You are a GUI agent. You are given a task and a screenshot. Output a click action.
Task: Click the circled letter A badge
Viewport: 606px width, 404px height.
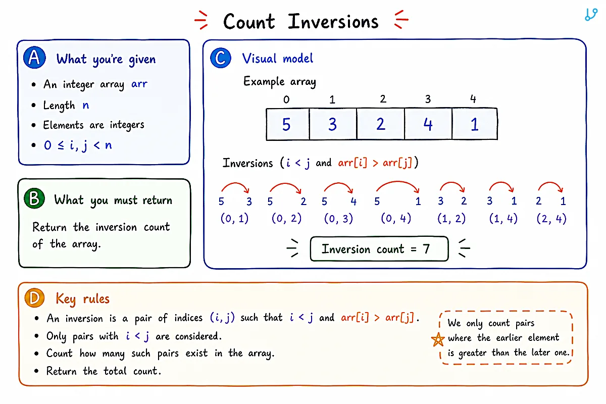pos(34,58)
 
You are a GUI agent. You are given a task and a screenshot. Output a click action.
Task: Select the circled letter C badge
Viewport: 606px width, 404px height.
pos(221,58)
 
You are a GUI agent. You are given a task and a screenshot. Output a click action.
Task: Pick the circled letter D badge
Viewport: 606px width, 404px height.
pos(34,297)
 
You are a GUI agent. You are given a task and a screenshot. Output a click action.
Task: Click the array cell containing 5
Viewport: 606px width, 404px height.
pos(287,124)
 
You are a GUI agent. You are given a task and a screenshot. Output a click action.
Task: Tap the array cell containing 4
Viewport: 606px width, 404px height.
pos(428,124)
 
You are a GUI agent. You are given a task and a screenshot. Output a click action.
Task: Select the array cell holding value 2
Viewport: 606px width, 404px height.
pos(380,124)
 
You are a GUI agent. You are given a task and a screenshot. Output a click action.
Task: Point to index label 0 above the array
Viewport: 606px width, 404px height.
pos(286,99)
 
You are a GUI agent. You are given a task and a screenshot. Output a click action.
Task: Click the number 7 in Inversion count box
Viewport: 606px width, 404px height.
pos(426,248)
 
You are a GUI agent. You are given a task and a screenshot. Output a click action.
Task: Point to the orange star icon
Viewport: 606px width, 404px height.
pos(438,339)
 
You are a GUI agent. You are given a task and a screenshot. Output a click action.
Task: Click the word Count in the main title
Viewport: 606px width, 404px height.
pos(249,21)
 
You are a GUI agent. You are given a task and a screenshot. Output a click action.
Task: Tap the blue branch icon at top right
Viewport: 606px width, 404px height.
pos(591,15)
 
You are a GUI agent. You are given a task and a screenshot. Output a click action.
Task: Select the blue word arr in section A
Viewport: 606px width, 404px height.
pos(139,84)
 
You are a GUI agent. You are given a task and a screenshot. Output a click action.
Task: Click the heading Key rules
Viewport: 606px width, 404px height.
pos(82,299)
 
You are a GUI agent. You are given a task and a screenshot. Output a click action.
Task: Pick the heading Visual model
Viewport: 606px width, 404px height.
pos(278,58)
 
